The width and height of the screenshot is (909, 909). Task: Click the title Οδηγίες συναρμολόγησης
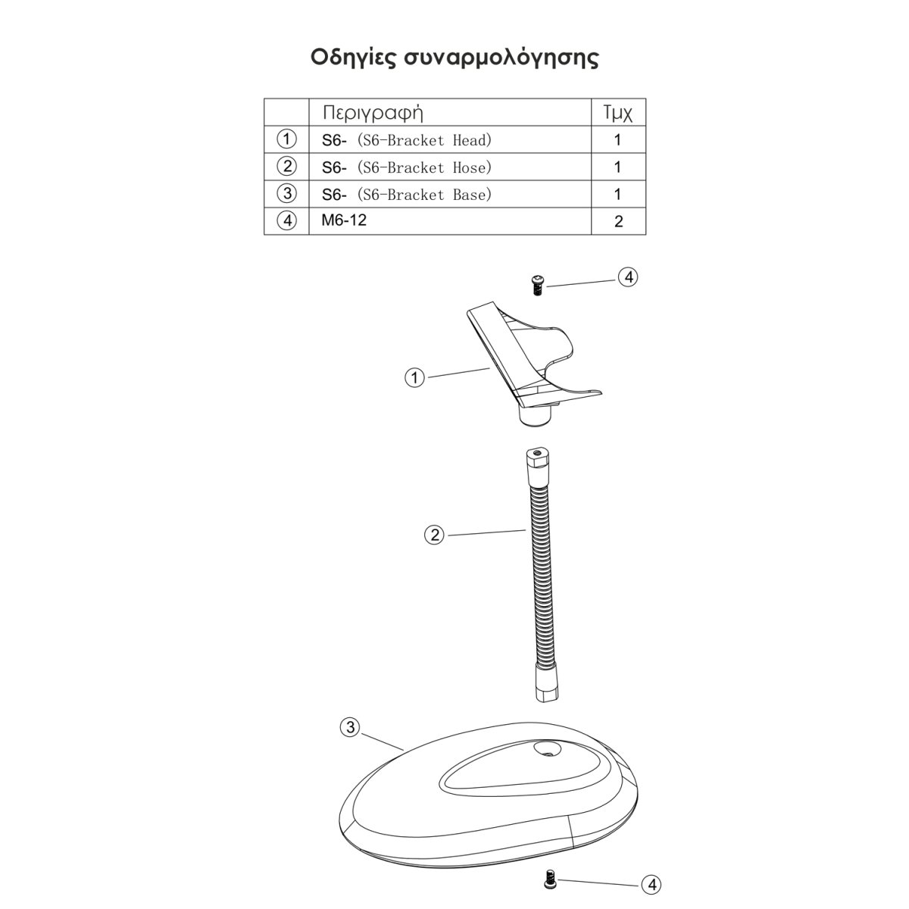coord(454,58)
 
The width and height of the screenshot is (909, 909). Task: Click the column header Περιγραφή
coord(372,113)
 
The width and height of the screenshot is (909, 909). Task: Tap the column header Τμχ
coord(617,113)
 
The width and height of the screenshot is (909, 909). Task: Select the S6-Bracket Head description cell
coord(407,140)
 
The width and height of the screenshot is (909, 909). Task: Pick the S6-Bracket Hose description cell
coord(407,167)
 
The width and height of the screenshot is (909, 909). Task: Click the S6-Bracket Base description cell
coord(407,195)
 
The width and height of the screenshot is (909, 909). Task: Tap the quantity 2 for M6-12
coord(618,222)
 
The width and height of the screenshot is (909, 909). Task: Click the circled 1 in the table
coord(286,139)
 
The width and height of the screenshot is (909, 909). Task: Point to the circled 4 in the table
coord(286,222)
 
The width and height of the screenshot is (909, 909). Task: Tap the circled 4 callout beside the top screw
coord(628,277)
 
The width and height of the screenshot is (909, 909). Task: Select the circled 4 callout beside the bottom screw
coord(651,885)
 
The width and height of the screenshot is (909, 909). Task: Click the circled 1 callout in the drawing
coord(414,377)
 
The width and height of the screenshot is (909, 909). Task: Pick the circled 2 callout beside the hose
coord(433,536)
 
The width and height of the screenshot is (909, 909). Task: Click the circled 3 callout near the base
coord(349,728)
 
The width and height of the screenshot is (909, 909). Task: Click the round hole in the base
coord(545,751)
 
